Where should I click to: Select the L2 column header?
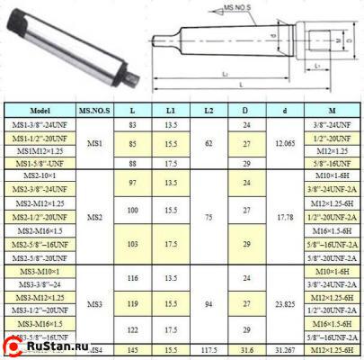pos(208,109)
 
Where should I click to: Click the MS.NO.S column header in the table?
pos(94,109)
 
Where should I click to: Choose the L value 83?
pos(132,124)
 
